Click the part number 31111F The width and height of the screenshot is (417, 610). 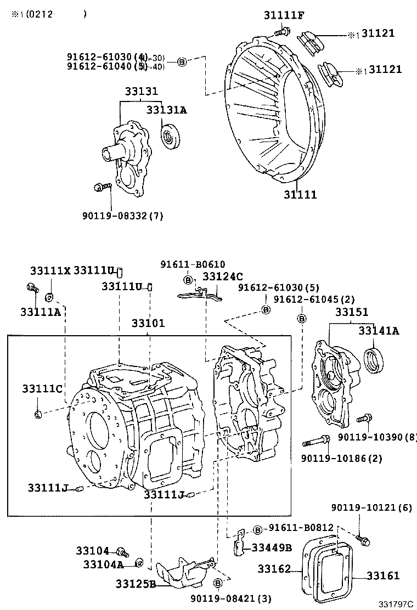(x=284, y=16)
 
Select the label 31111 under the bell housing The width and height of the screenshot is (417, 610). (x=300, y=195)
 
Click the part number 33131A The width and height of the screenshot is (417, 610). (x=166, y=110)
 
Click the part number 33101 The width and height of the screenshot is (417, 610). (x=148, y=323)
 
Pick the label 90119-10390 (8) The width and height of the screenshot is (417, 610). (x=377, y=437)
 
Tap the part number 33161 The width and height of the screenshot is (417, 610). (x=383, y=575)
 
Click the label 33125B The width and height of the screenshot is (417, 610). (x=135, y=583)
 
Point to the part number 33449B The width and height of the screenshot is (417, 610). (x=272, y=547)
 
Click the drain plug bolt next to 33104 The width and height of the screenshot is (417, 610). (x=121, y=551)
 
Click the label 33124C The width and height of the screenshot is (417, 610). (x=222, y=276)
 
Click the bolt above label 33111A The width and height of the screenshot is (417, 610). (x=32, y=287)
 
